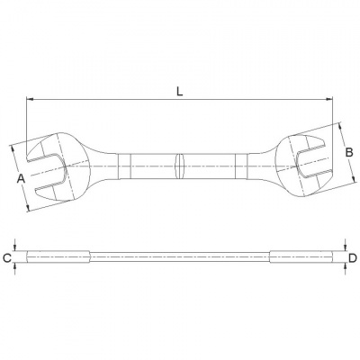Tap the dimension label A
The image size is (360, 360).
[20, 177]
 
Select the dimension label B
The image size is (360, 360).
[348, 153]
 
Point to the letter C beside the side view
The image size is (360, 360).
[8, 259]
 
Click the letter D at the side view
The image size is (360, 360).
[352, 259]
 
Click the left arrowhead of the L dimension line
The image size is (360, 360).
[29, 100]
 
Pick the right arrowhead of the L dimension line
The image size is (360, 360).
[335, 100]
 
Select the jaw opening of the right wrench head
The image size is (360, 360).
[311, 163]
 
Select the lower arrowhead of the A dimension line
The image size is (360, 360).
[30, 211]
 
